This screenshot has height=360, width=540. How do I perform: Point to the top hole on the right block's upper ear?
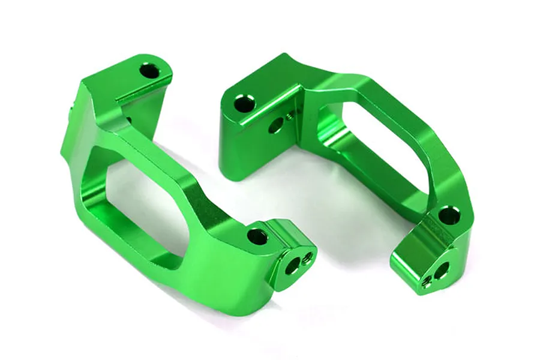point(244,104)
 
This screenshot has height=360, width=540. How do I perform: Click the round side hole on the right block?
point(275,126)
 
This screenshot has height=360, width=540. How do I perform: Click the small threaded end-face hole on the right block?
point(427,280)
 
